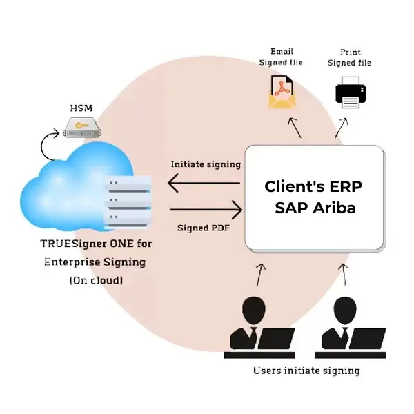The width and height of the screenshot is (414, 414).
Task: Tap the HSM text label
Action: pos(81,108)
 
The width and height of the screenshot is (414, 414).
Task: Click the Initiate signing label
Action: pos(206,164)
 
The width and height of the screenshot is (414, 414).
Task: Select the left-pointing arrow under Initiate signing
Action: pos(204,184)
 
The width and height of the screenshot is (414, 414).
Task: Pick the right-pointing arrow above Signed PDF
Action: pos(206,208)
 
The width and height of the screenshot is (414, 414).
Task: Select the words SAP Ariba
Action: pos(315,207)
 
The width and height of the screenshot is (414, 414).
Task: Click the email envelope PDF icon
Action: pos(281,92)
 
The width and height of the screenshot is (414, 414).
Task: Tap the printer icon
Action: pos(350,92)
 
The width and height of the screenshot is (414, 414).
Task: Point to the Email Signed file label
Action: pos(281,57)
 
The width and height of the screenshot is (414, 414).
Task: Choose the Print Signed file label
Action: pos(350,57)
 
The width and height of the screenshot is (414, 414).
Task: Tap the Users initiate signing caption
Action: pos(306,371)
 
